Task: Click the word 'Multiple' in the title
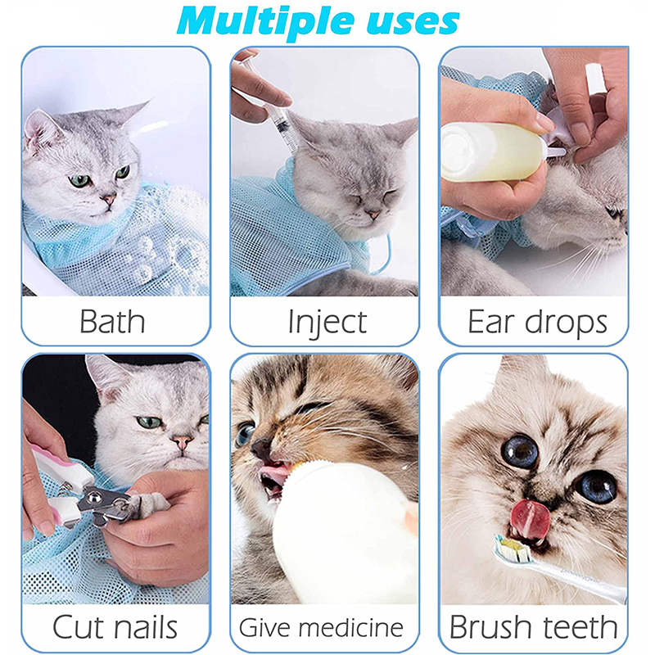[x=265, y=22]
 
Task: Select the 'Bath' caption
[x=112, y=321]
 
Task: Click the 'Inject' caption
[x=327, y=322]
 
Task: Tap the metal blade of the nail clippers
[x=106, y=504]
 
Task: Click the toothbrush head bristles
[x=513, y=548]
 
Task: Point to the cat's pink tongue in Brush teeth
[x=530, y=520]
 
